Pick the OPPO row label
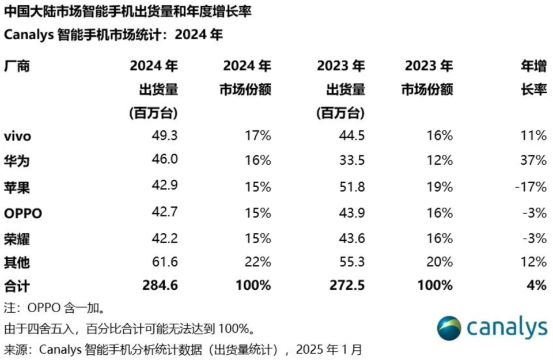tap(23, 213)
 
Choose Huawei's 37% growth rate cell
tap(533, 161)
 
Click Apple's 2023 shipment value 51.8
tap(352, 187)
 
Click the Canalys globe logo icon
tap(449, 328)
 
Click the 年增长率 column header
tap(533, 78)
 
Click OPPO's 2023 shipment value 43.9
tap(352, 213)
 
